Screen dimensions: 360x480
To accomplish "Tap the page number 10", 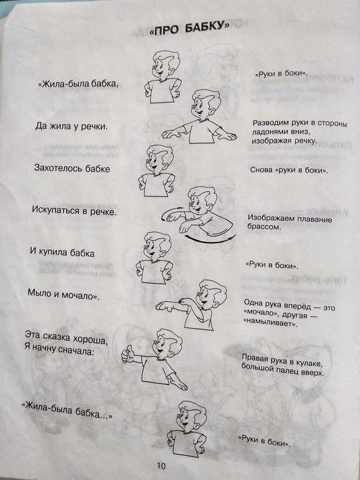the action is point(161,466).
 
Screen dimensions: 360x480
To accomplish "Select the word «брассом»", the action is point(264,227).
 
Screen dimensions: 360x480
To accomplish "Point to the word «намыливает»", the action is point(270,323).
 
